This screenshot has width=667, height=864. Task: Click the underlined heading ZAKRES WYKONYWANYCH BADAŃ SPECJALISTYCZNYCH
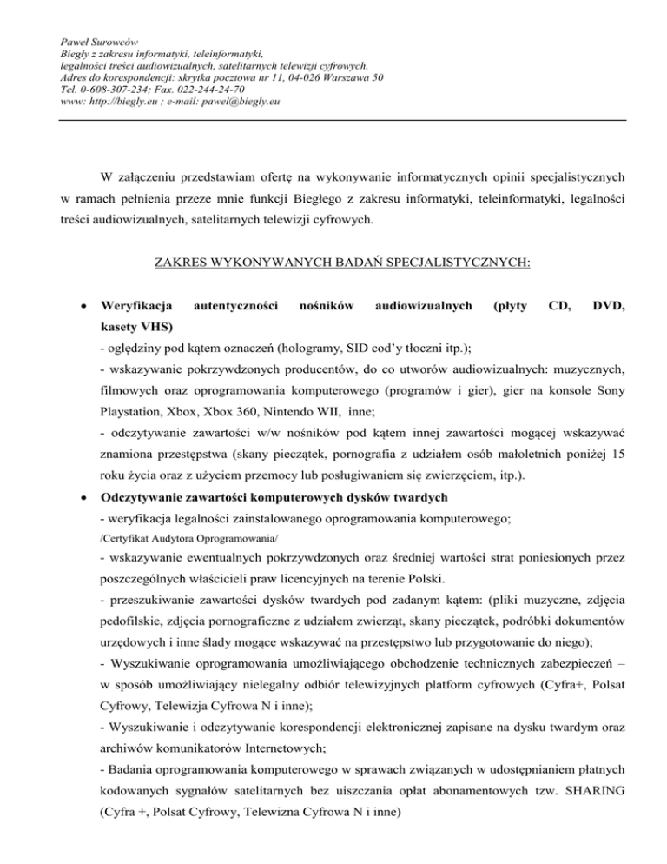pos(333,260)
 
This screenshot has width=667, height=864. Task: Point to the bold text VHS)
pos(154,327)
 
